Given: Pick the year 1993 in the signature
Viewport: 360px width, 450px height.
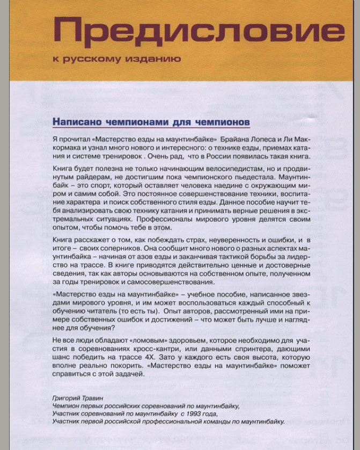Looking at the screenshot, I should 194,414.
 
